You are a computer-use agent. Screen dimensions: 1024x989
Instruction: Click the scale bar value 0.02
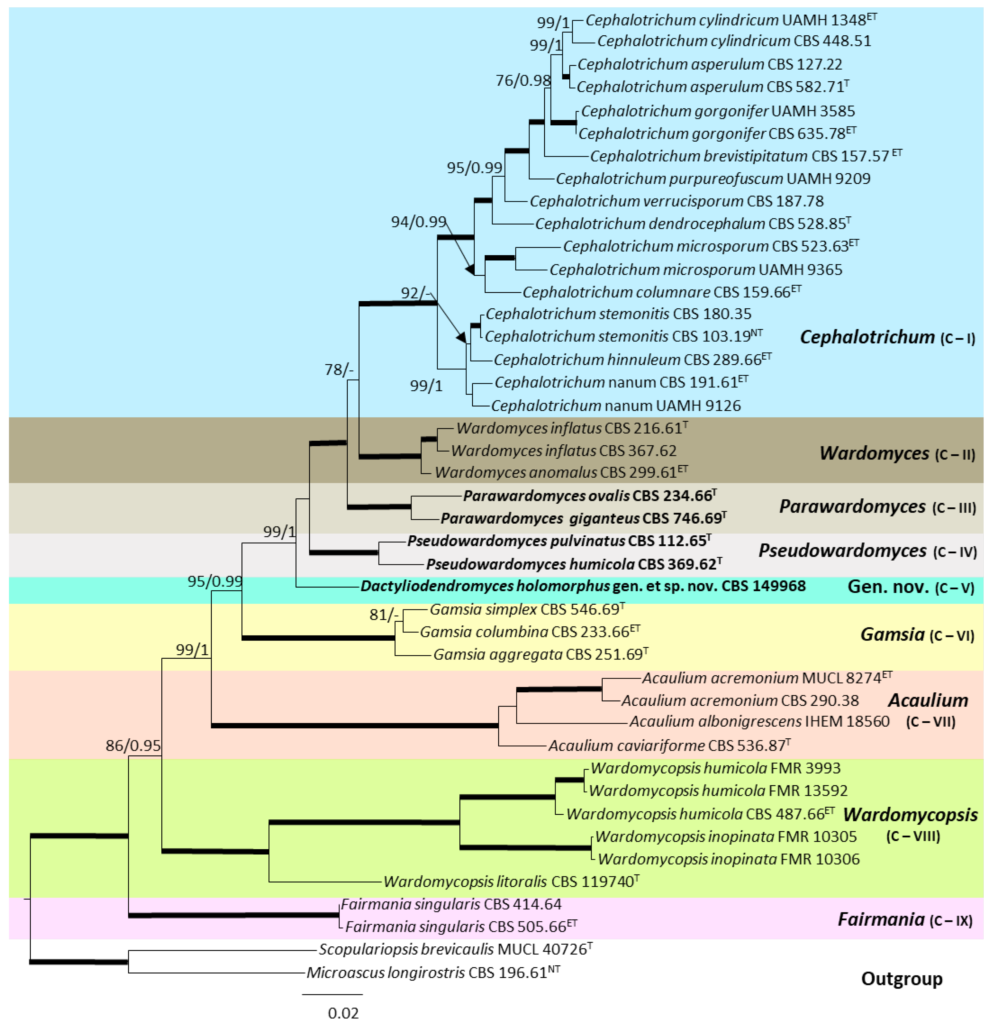tap(343, 1013)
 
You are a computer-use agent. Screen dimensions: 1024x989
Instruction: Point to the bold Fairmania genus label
tap(880, 919)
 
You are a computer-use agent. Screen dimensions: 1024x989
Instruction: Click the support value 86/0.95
tap(133, 746)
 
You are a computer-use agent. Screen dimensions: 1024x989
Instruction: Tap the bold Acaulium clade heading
tap(928, 700)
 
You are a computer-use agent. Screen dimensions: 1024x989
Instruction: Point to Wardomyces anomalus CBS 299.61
tap(561, 472)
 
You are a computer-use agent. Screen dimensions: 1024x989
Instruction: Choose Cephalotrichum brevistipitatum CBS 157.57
tap(746, 156)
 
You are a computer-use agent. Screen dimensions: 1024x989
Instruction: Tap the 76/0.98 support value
tap(523, 80)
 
